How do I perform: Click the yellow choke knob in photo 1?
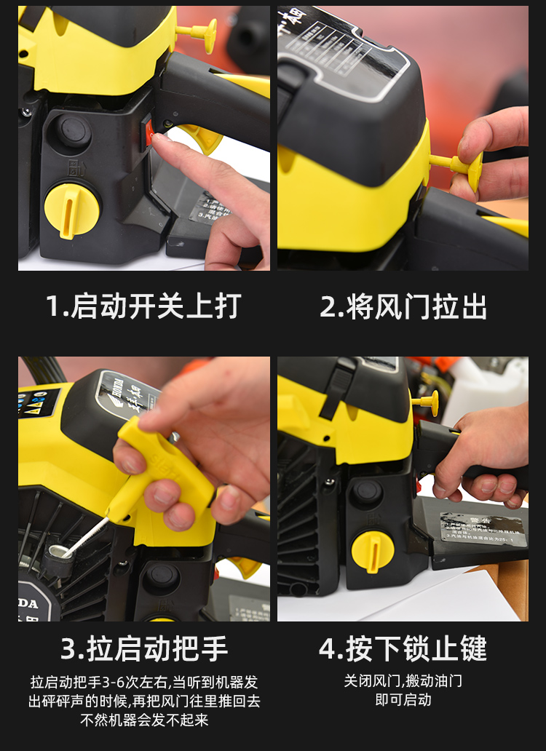click(199, 33)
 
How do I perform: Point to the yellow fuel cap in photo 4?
click(372, 551)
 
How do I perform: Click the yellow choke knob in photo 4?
click(427, 401)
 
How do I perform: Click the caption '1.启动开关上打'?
click(143, 306)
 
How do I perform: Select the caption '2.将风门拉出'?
click(403, 306)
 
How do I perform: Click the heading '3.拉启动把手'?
click(143, 648)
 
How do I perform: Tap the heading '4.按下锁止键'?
click(403, 648)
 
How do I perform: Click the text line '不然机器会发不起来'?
click(143, 720)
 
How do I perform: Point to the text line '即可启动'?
click(403, 700)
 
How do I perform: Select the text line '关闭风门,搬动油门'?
click(403, 681)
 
